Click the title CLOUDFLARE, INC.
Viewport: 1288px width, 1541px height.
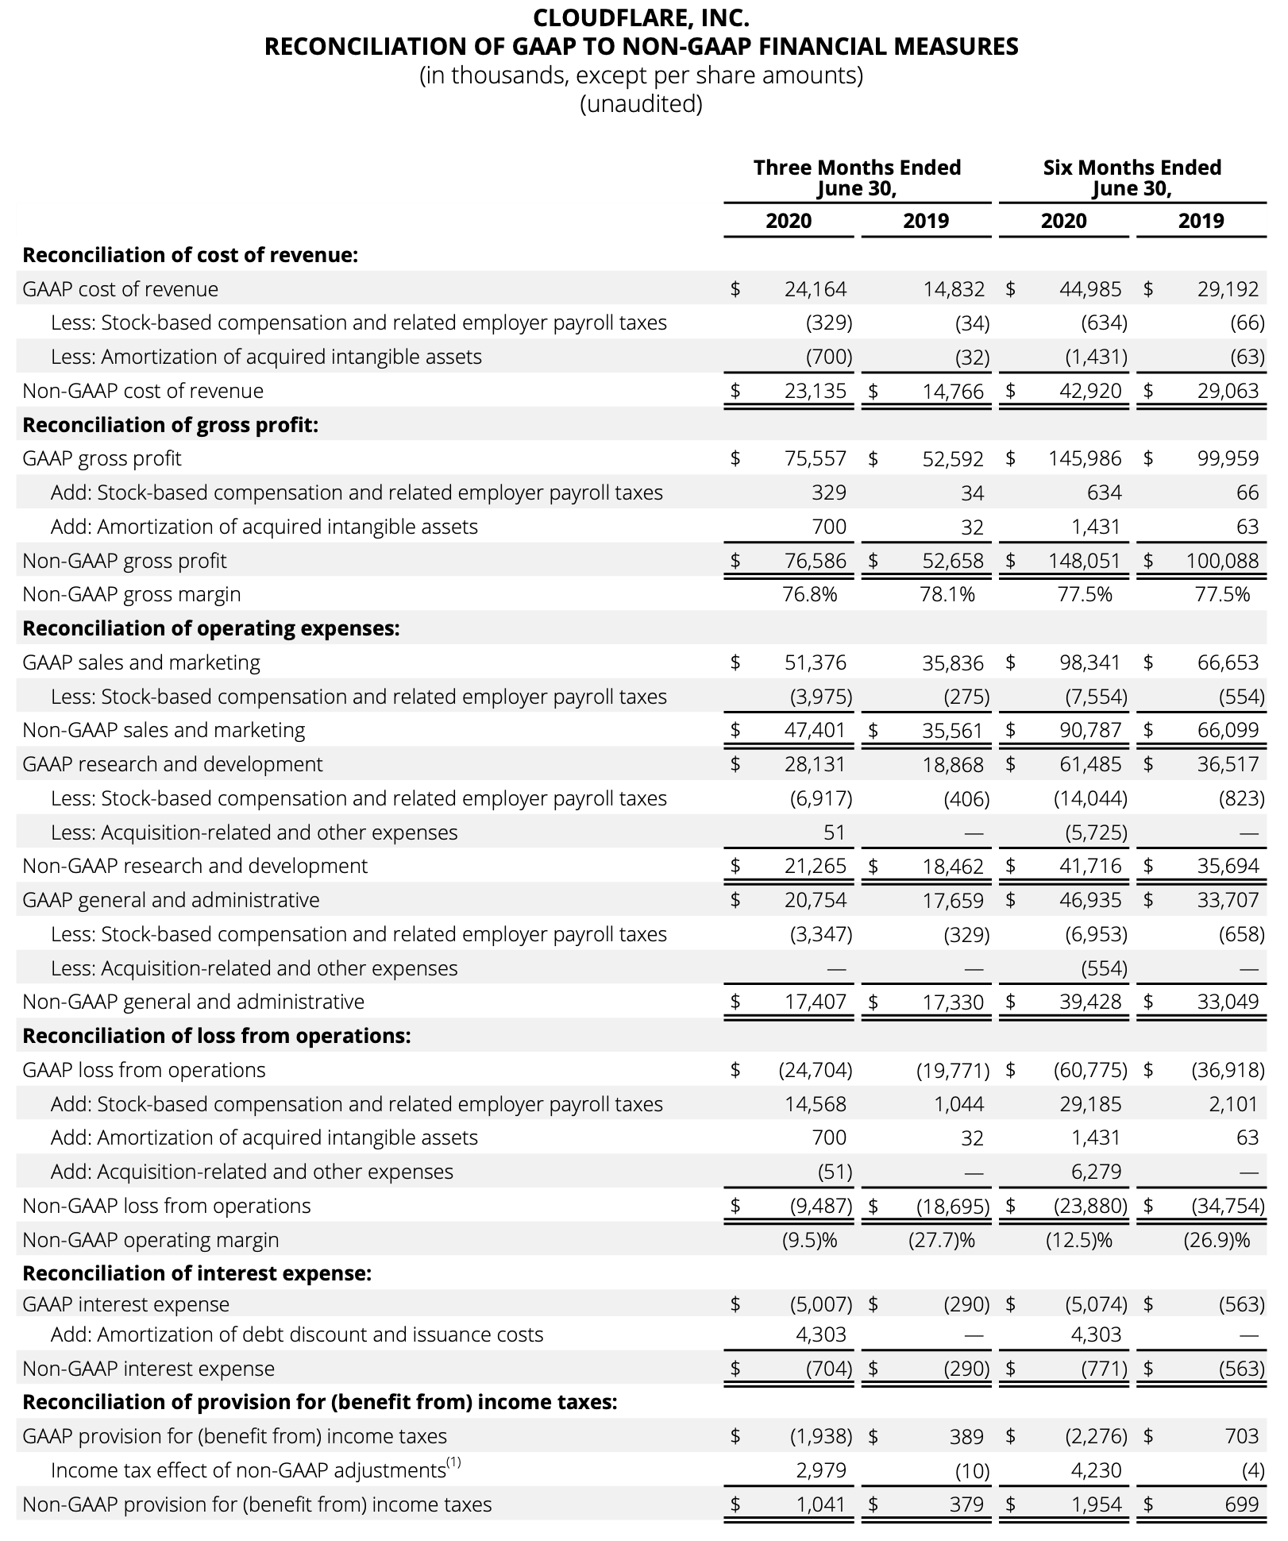point(641,17)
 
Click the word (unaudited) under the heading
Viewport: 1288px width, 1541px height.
point(641,104)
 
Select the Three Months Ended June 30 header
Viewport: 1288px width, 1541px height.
point(857,178)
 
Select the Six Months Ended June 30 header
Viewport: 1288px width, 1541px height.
point(1132,178)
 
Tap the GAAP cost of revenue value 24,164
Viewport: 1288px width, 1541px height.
point(816,289)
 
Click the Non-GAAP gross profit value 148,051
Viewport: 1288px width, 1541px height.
point(1084,561)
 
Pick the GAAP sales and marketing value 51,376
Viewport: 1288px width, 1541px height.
point(816,662)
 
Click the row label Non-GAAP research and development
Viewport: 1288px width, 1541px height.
point(195,866)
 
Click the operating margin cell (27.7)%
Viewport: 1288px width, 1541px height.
point(942,1240)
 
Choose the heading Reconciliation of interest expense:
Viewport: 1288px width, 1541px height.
point(197,1273)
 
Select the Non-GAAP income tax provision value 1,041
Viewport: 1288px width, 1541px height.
point(821,1504)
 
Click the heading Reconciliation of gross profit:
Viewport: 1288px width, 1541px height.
point(170,425)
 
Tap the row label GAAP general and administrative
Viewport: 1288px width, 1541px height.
point(171,900)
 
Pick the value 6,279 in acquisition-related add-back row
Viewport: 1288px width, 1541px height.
point(1096,1172)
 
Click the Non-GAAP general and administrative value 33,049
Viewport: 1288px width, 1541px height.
point(1228,1002)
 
